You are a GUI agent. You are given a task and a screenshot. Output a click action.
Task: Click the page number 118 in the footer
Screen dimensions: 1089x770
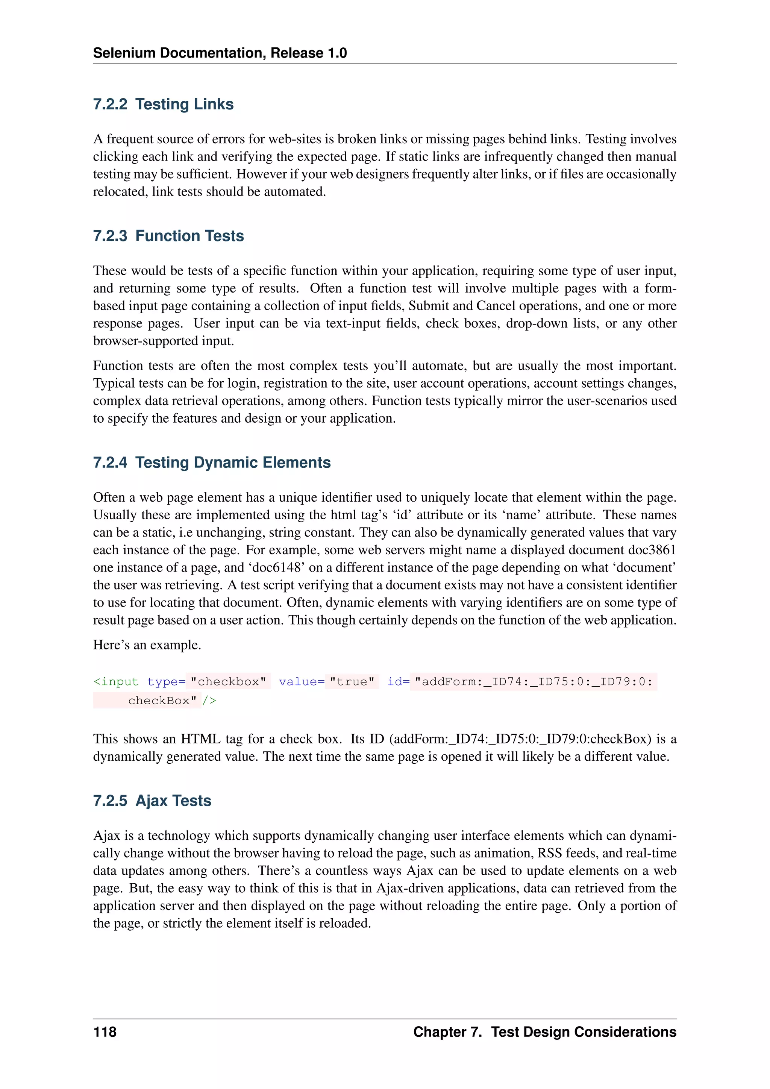tap(105, 1032)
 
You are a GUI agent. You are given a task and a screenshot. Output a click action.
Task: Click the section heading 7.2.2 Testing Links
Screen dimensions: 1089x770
tap(163, 104)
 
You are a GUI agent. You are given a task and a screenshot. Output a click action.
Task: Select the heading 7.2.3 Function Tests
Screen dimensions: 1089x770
tap(168, 236)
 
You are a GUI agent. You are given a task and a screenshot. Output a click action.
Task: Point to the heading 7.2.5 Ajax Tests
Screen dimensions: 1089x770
tap(152, 801)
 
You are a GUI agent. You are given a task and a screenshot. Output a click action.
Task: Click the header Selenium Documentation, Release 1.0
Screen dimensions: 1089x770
tap(220, 53)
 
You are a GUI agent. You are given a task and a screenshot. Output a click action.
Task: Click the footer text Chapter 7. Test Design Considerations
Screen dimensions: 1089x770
tap(544, 1032)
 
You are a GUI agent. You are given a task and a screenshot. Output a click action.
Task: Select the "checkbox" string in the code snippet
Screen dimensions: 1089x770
tap(228, 682)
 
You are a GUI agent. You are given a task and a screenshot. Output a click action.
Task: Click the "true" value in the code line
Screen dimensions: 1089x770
tap(352, 682)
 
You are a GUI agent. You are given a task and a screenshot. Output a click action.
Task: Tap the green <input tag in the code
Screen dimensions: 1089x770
tap(116, 682)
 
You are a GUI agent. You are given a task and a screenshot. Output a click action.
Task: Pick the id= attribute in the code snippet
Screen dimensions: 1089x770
tap(398, 682)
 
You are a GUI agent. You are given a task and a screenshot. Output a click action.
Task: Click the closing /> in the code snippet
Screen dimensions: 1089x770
tap(209, 701)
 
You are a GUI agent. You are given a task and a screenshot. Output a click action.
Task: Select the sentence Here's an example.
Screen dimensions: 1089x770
tap(147, 645)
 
